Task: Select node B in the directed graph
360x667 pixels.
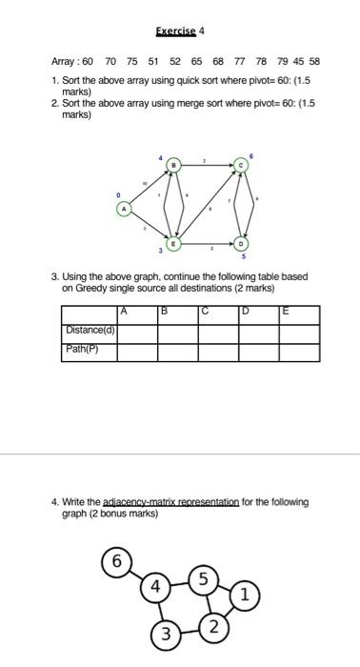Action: click(x=172, y=166)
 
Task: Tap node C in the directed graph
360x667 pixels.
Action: click(x=242, y=166)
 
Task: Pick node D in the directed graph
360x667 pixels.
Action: click(x=242, y=245)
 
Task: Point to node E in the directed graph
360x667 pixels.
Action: click(x=172, y=245)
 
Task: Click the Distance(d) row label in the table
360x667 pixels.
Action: click(x=90, y=332)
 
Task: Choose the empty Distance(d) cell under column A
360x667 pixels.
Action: click(x=137, y=333)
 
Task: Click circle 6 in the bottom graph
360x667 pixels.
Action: click(x=116, y=561)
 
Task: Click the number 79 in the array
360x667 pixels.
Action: click(x=283, y=59)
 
